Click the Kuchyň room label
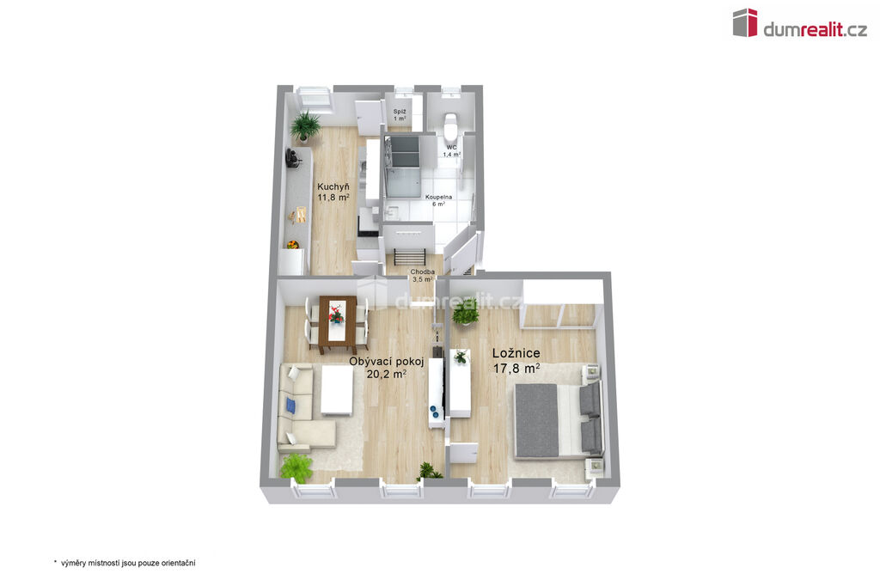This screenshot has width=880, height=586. (333, 187)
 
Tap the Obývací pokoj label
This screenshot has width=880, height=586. (386, 362)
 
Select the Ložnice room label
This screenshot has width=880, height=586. (516, 353)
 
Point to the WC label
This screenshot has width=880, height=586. (452, 148)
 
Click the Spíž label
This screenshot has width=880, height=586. (400, 112)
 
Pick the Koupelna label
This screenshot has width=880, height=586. (438, 198)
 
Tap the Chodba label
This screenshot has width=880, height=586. (422, 272)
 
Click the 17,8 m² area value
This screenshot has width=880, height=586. (516, 369)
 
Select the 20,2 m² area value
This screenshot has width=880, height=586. (386, 374)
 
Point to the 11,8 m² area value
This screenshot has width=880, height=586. (333, 197)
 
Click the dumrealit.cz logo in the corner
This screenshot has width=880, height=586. (800, 23)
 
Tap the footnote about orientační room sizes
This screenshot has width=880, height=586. (125, 563)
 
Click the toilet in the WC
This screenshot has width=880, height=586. (450, 126)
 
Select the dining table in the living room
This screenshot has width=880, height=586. (338, 325)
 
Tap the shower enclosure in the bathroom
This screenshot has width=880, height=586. (402, 166)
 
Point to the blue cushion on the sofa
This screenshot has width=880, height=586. (290, 405)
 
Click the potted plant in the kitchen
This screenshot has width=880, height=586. (305, 125)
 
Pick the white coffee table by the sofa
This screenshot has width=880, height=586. (337, 391)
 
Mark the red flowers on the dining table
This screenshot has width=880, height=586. (336, 314)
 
